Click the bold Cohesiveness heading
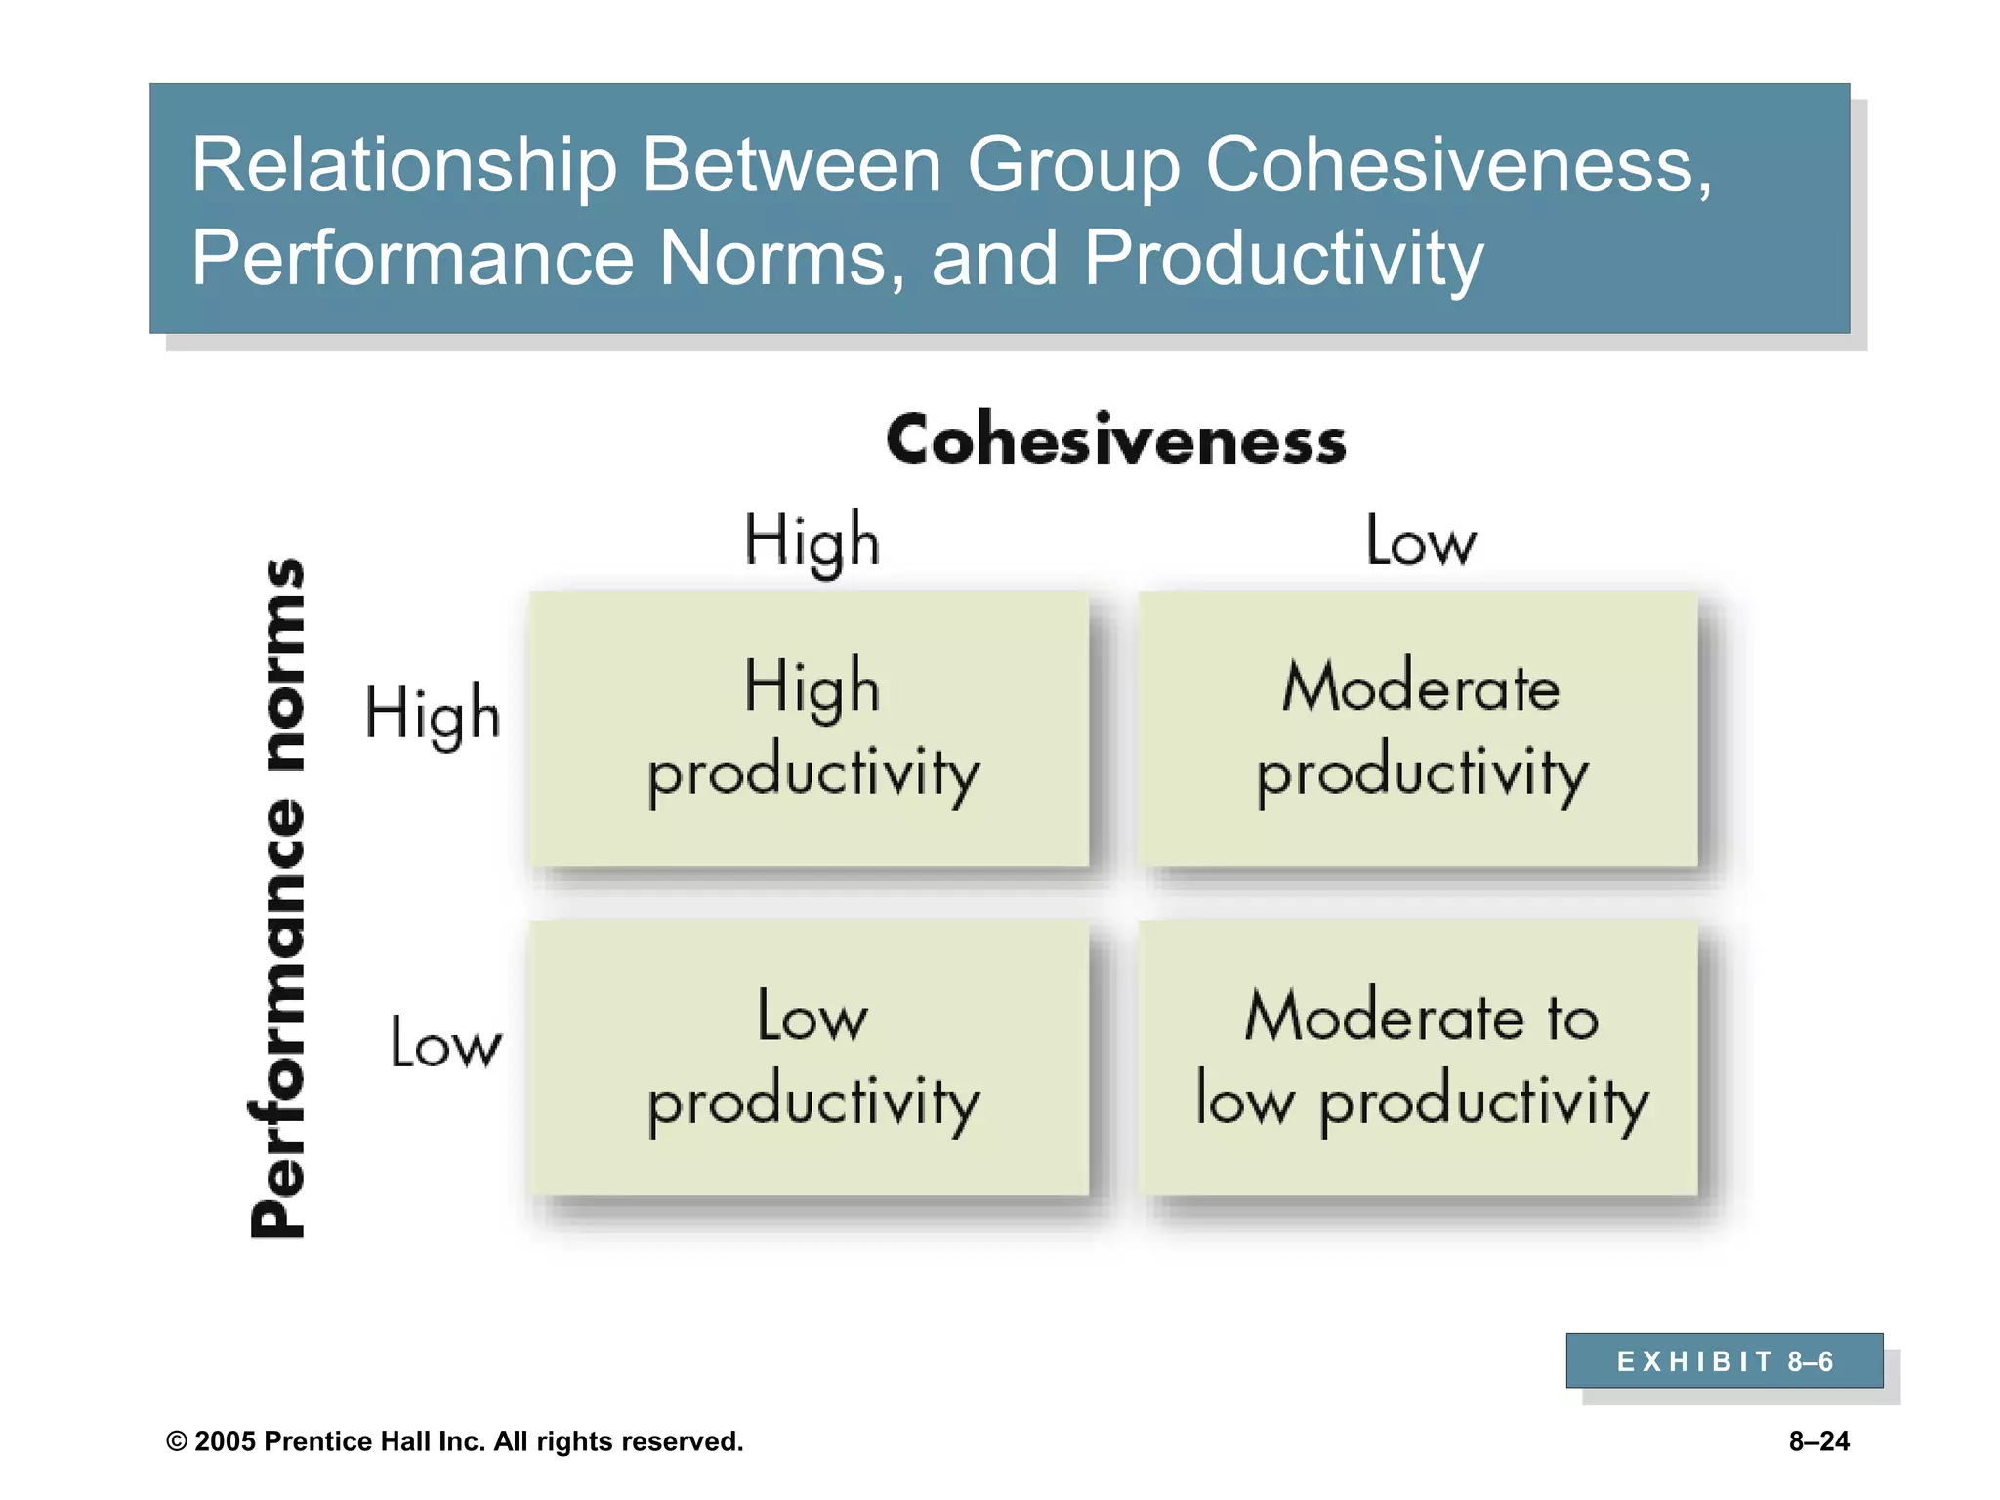(1115, 440)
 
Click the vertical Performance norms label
(278, 898)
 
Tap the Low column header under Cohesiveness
(1420, 541)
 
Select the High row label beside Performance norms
(432, 714)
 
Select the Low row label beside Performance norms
(445, 1042)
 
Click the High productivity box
(810, 729)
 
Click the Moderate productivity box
(1418, 729)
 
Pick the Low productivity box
(810, 1059)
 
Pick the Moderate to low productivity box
(1418, 1059)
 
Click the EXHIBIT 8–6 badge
(1724, 1360)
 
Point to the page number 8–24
(1818, 1441)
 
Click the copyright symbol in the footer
(177, 1442)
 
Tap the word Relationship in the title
(403, 165)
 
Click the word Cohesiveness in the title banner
(1457, 165)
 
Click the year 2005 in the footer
(225, 1442)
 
